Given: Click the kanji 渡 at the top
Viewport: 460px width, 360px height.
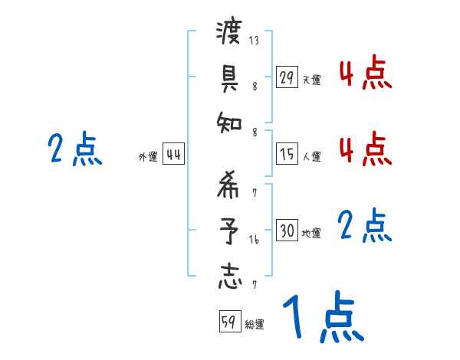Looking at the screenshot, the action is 229,33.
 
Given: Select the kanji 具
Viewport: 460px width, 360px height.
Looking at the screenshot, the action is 229,77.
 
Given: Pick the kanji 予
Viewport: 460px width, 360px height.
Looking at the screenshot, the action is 229,231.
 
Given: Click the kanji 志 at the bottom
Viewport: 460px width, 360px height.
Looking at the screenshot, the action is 229,276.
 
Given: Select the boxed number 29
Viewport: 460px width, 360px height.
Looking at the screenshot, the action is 286,77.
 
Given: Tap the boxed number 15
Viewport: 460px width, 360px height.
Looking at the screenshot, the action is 286,153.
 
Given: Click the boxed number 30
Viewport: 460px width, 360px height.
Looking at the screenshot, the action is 286,231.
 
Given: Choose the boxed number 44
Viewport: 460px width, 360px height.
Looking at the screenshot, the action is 173,154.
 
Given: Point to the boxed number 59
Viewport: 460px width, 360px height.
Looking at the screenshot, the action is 229,322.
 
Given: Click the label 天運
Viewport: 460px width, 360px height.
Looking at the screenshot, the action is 312,79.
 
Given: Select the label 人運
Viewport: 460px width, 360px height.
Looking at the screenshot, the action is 312,156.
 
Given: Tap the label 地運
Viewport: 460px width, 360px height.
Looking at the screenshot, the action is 312,233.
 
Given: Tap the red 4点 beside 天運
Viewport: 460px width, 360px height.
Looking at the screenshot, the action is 366,74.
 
